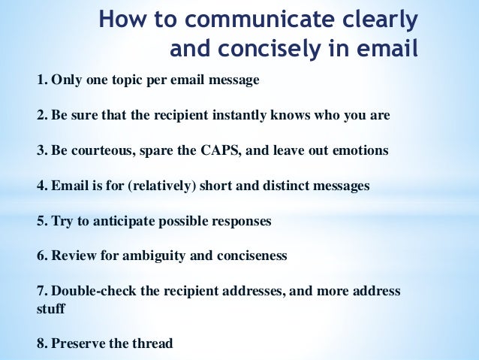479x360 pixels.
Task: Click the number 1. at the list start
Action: (42, 80)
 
